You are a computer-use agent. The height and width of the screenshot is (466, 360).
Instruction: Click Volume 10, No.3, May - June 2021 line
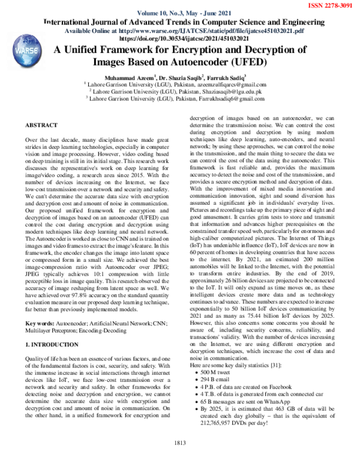(x=180, y=13)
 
